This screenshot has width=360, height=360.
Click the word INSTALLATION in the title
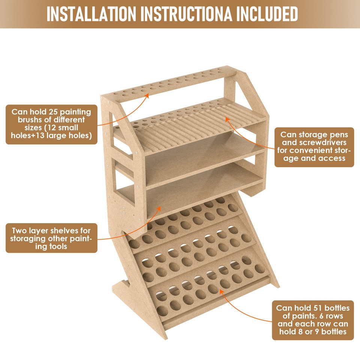pos(91,14)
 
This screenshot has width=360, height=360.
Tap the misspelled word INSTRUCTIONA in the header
pos(186,14)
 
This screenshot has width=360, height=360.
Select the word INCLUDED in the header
pos(267,14)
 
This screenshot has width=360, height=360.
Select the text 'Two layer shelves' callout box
pos(51,238)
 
